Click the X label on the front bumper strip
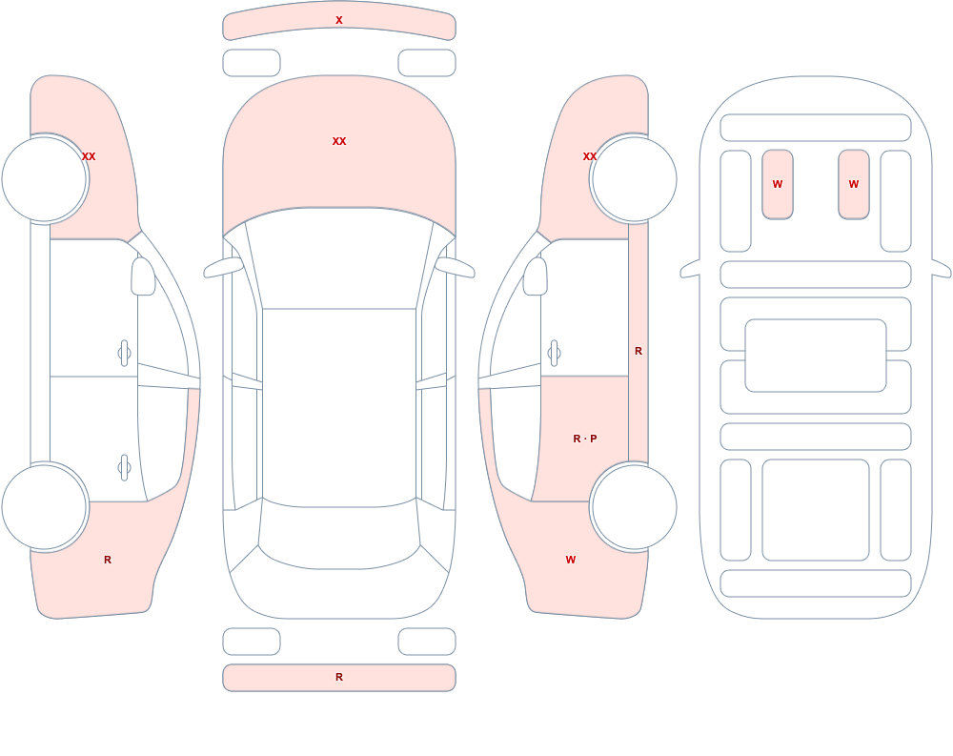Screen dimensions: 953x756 339,20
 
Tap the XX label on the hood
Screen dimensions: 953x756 339,141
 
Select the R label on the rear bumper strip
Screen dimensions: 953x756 339,677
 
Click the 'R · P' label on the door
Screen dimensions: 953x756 585,439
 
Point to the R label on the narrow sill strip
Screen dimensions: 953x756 639,351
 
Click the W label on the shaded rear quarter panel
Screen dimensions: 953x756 570,560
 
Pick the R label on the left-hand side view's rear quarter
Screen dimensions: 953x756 108,560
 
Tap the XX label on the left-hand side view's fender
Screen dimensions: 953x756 89,156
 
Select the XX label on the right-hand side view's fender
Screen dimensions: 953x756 590,156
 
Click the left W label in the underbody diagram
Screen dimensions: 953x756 778,184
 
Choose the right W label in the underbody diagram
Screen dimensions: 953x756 853,184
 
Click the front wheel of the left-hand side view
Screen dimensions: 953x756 45,179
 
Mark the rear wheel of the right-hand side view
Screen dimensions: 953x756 634,506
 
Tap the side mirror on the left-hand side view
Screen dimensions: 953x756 143,276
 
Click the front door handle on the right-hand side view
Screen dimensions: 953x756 554,354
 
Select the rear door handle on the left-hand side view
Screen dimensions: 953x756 125,468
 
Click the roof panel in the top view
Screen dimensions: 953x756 339,407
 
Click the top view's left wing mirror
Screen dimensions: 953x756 222,268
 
